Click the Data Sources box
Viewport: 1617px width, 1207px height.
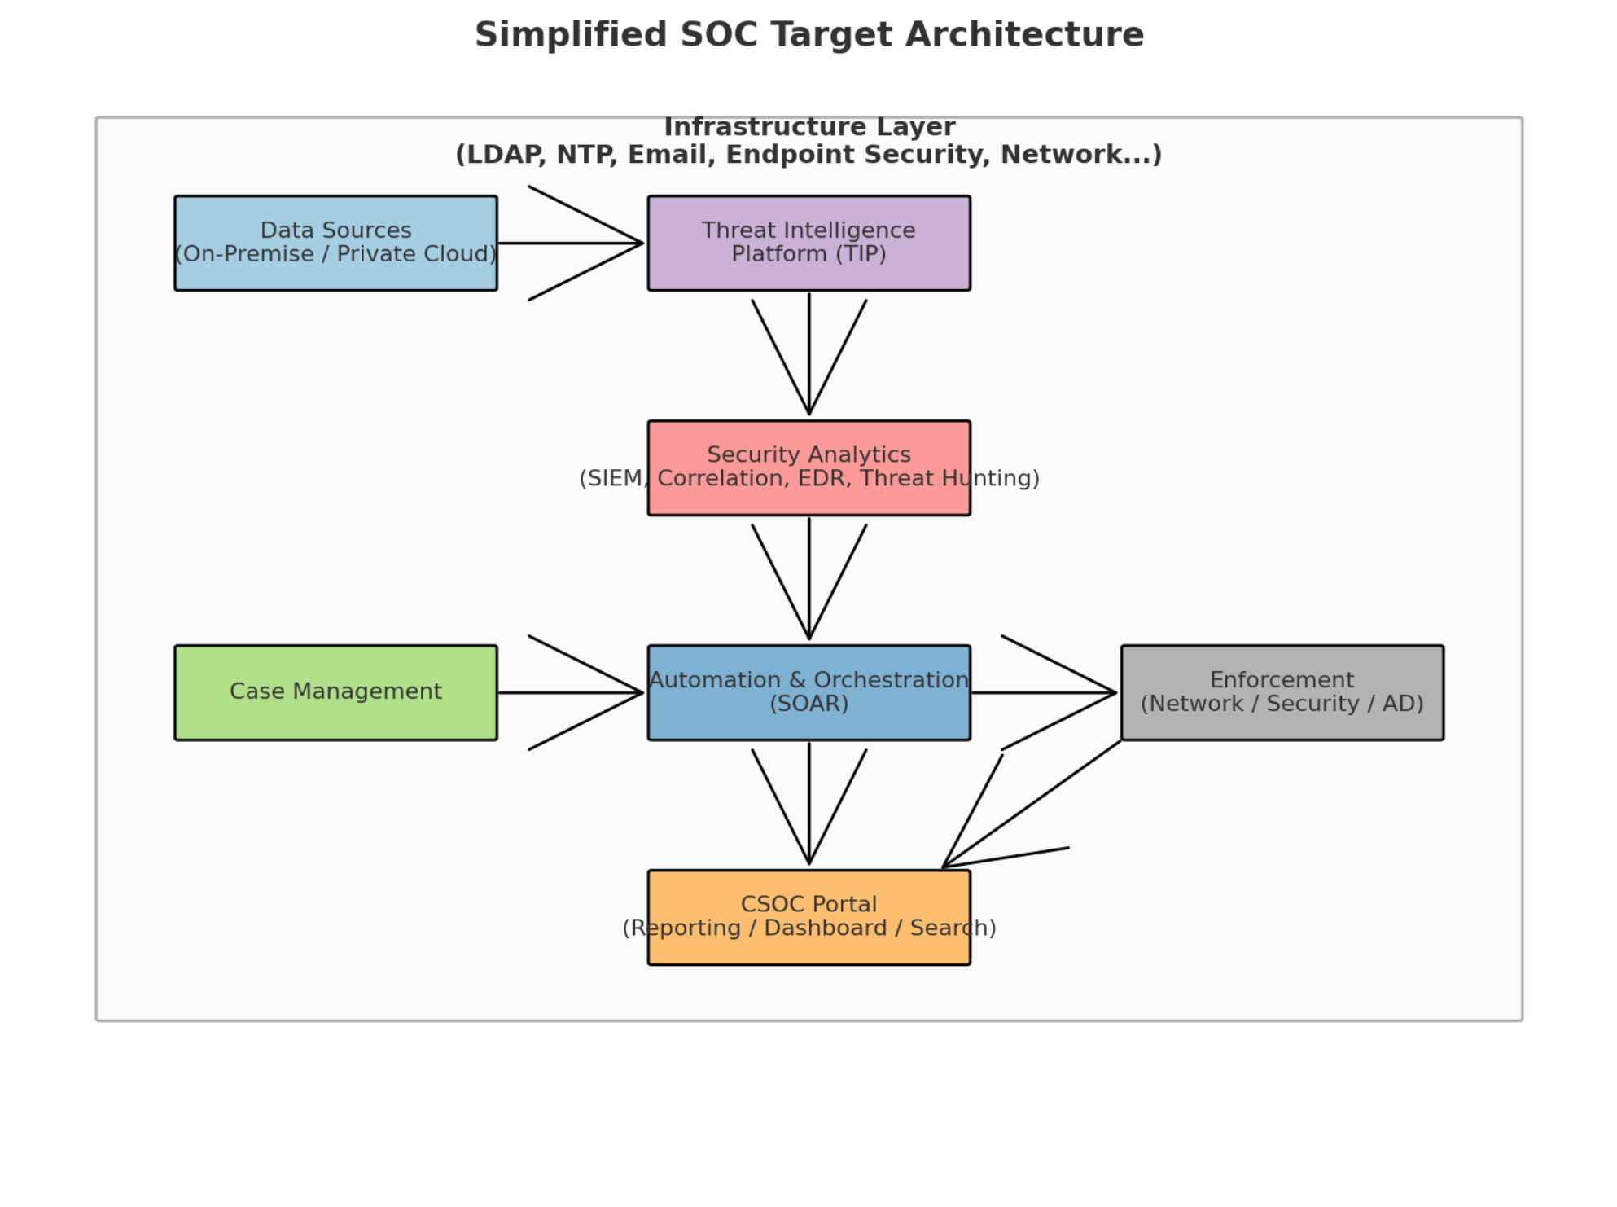coord(335,243)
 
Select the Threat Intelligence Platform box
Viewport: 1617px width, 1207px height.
coord(808,243)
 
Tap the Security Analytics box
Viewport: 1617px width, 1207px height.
coord(808,467)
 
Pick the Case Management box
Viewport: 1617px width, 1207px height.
coord(335,692)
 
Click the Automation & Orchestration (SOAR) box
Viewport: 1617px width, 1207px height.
coord(808,692)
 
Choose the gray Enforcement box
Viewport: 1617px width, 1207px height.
coord(1282,692)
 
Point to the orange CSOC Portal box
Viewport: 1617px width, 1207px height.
coord(808,917)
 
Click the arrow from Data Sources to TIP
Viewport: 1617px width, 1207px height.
coord(570,243)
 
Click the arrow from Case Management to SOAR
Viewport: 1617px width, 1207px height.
coord(570,692)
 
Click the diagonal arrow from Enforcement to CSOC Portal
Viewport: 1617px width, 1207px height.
coord(1034,803)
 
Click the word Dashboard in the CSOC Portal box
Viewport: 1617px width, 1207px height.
coord(825,928)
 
